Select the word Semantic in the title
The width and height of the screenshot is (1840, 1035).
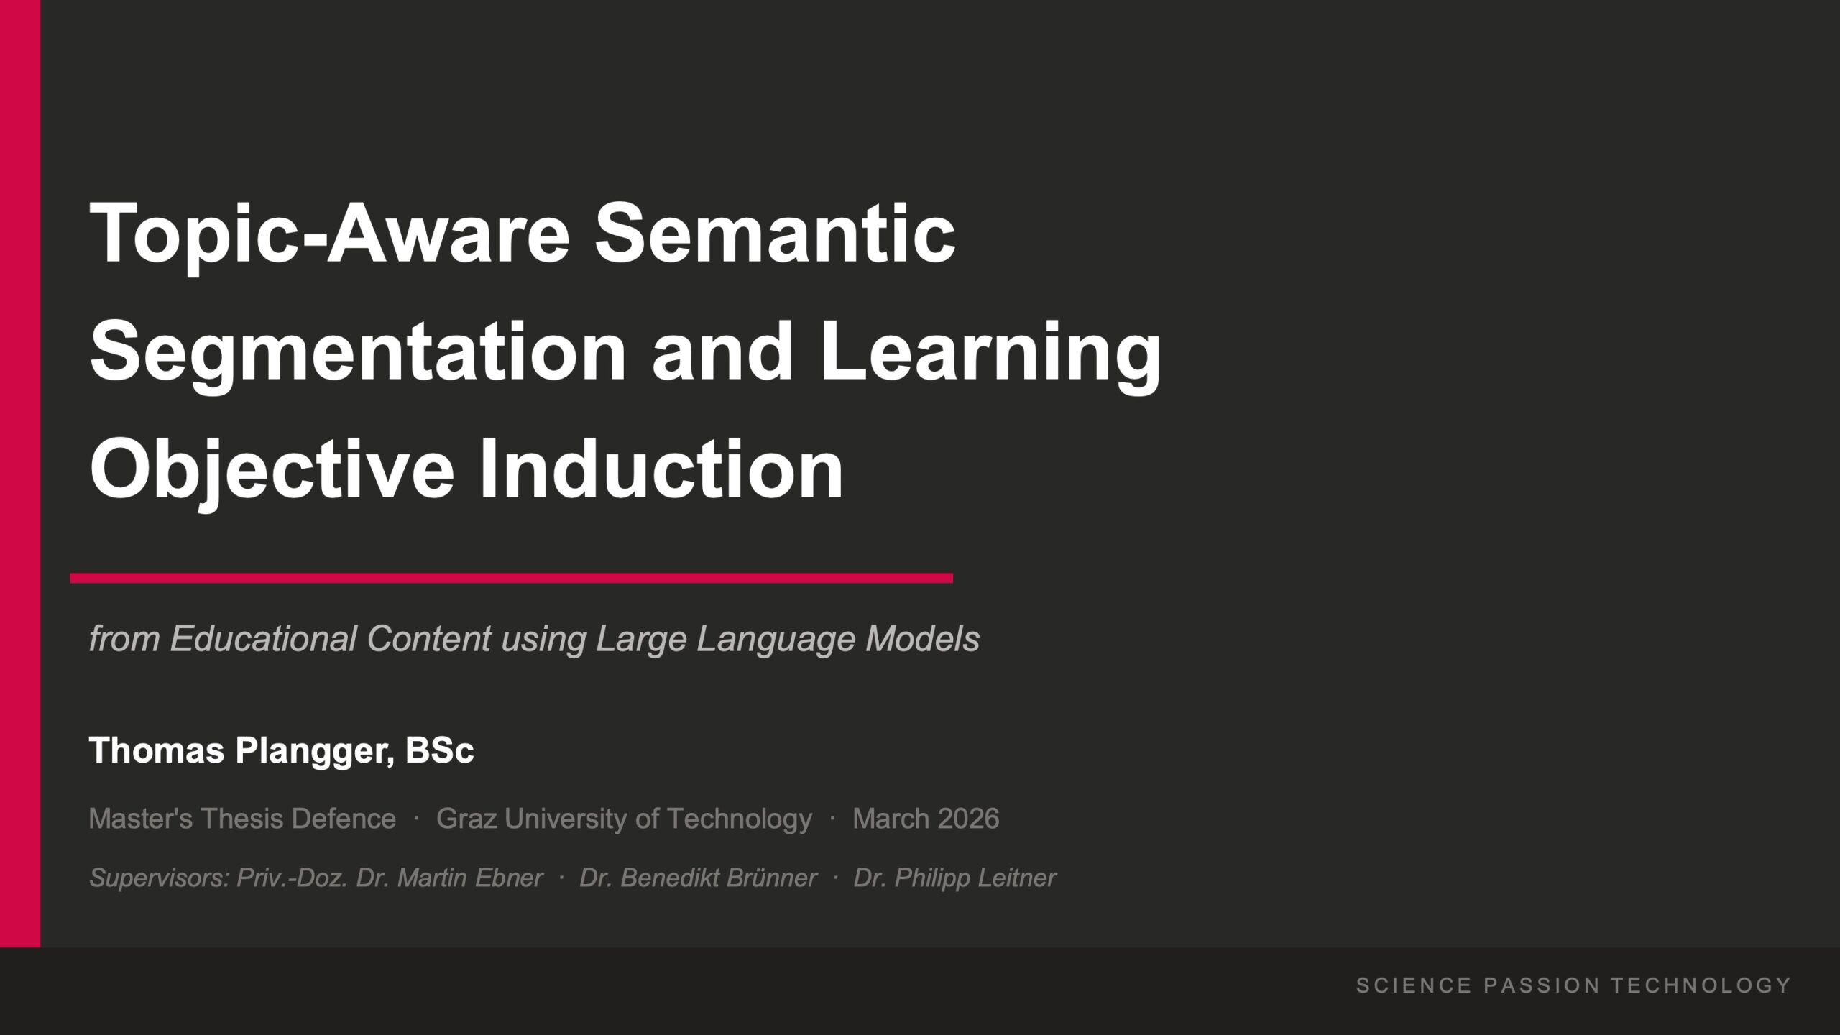pyautogui.click(x=775, y=234)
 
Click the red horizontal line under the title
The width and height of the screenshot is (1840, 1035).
pyautogui.click(x=511, y=578)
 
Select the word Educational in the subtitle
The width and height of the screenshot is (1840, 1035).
pyautogui.click(x=263, y=638)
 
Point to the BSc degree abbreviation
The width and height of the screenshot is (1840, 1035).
pyautogui.click(x=439, y=750)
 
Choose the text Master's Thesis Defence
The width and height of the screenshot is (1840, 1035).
pyautogui.click(x=242, y=819)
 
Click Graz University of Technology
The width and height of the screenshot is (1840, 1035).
pyautogui.click(x=624, y=819)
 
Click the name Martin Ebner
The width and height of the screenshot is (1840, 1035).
pyautogui.click(x=470, y=878)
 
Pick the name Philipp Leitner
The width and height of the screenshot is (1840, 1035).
pyautogui.click(x=975, y=878)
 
